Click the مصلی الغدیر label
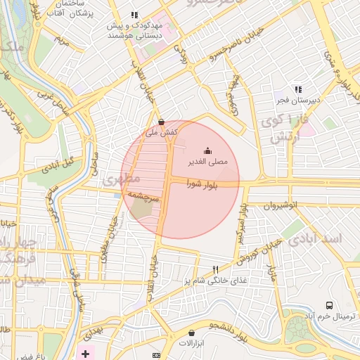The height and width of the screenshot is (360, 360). tap(207, 162)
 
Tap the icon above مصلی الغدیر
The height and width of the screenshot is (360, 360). tap(207, 150)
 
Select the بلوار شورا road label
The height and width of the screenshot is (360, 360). tap(202, 185)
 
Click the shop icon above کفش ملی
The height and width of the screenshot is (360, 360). tap(161, 121)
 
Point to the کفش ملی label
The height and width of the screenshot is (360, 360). tap(161, 131)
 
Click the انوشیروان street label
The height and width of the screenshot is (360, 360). tap(281, 205)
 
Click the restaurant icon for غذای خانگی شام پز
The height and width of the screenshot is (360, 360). tap(216, 270)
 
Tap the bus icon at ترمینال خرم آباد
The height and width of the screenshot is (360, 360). tap(329, 305)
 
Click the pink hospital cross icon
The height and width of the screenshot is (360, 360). tap(86, 352)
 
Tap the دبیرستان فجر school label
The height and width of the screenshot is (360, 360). tap(298, 101)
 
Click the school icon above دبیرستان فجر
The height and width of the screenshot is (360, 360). tap(298, 90)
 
